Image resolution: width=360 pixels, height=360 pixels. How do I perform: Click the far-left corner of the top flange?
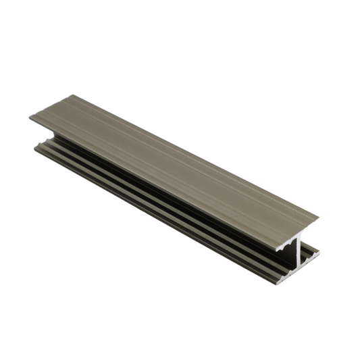pos(30,119)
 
